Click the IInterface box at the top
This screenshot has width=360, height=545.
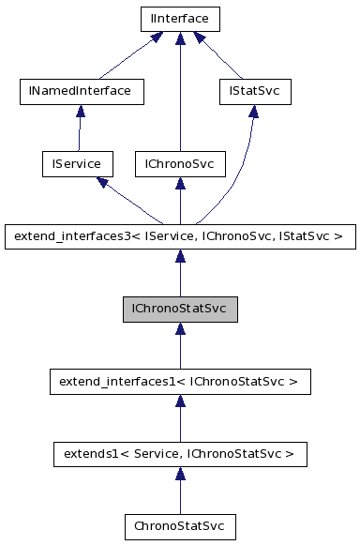pyautogui.click(x=179, y=18)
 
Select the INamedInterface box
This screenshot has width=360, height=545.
pyautogui.click(x=82, y=91)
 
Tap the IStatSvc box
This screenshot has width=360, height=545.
pyautogui.click(x=253, y=91)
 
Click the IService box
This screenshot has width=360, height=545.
pyautogui.click(x=77, y=164)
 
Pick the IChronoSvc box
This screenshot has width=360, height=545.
pyautogui.click(x=179, y=164)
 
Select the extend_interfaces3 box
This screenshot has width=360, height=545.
pyautogui.click(x=179, y=237)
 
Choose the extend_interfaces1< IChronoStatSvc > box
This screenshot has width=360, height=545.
pyautogui.click(x=179, y=383)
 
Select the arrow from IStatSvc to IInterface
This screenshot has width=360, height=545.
pyautogui.click(x=219, y=56)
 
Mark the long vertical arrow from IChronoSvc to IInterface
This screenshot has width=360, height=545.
pyautogui.click(x=179, y=94)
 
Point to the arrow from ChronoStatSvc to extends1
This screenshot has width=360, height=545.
pyautogui.click(x=179, y=492)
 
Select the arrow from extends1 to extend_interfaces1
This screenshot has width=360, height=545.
pyautogui.click(x=179, y=420)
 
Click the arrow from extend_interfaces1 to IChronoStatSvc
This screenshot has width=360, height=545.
pyautogui.click(x=179, y=347)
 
